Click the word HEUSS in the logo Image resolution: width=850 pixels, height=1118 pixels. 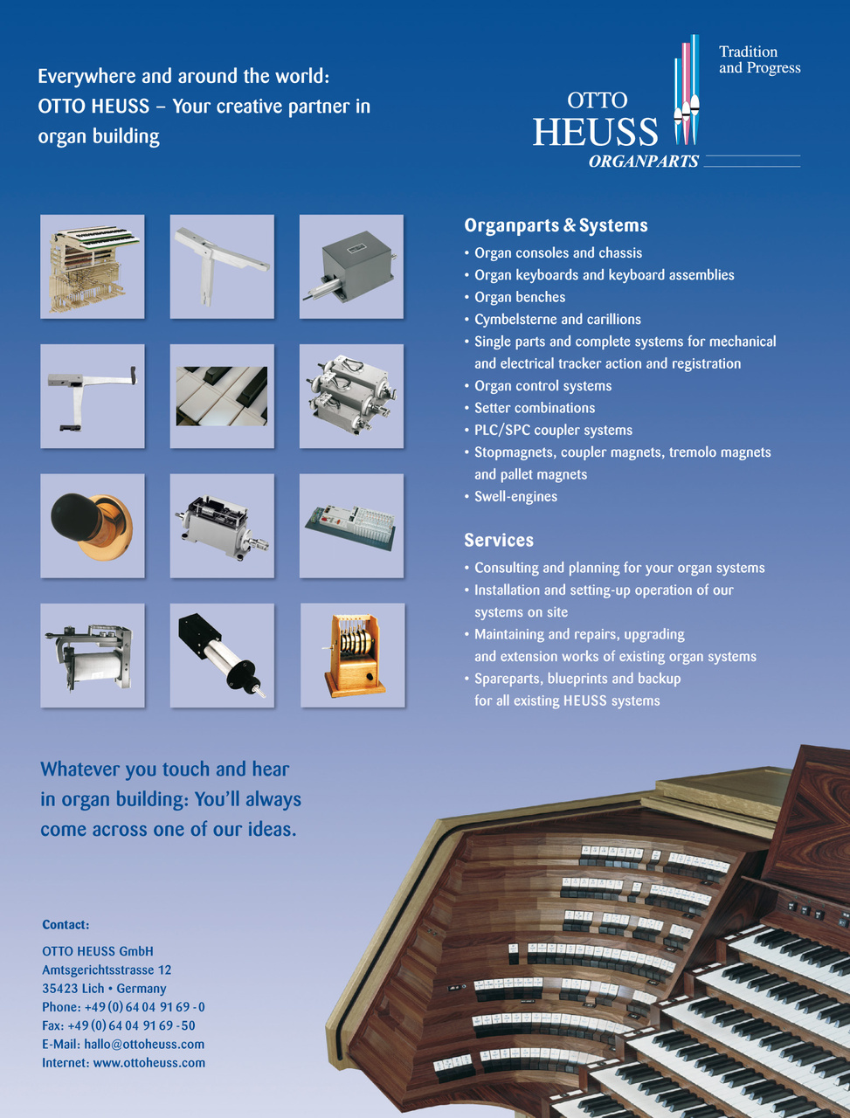pos(595,132)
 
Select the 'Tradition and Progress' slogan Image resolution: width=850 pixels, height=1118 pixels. pos(759,60)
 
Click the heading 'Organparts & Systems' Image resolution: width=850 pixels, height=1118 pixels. pos(556,225)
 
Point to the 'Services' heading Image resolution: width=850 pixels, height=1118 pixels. pos(499,540)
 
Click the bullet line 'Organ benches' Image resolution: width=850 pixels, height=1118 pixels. pos(520,297)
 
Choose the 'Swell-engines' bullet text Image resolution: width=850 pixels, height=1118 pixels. pos(515,496)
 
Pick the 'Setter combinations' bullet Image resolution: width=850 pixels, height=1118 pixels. pos(535,408)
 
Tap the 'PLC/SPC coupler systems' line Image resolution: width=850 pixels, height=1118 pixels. pos(553,430)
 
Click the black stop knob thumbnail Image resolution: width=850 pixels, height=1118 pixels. pos(92,526)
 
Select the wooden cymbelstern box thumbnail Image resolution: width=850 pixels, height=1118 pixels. pos(352,655)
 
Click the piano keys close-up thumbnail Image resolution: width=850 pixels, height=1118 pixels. pos(222,396)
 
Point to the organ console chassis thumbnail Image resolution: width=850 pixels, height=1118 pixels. pos(92,266)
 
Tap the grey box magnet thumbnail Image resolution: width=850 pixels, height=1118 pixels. pos(351,266)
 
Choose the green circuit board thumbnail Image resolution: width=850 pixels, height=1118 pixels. pos(351,526)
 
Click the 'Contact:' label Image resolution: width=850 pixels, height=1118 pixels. pos(66,925)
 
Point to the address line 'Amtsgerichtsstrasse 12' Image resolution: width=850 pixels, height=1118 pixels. pos(107,970)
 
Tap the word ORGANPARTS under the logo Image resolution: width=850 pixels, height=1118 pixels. pos(644,162)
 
